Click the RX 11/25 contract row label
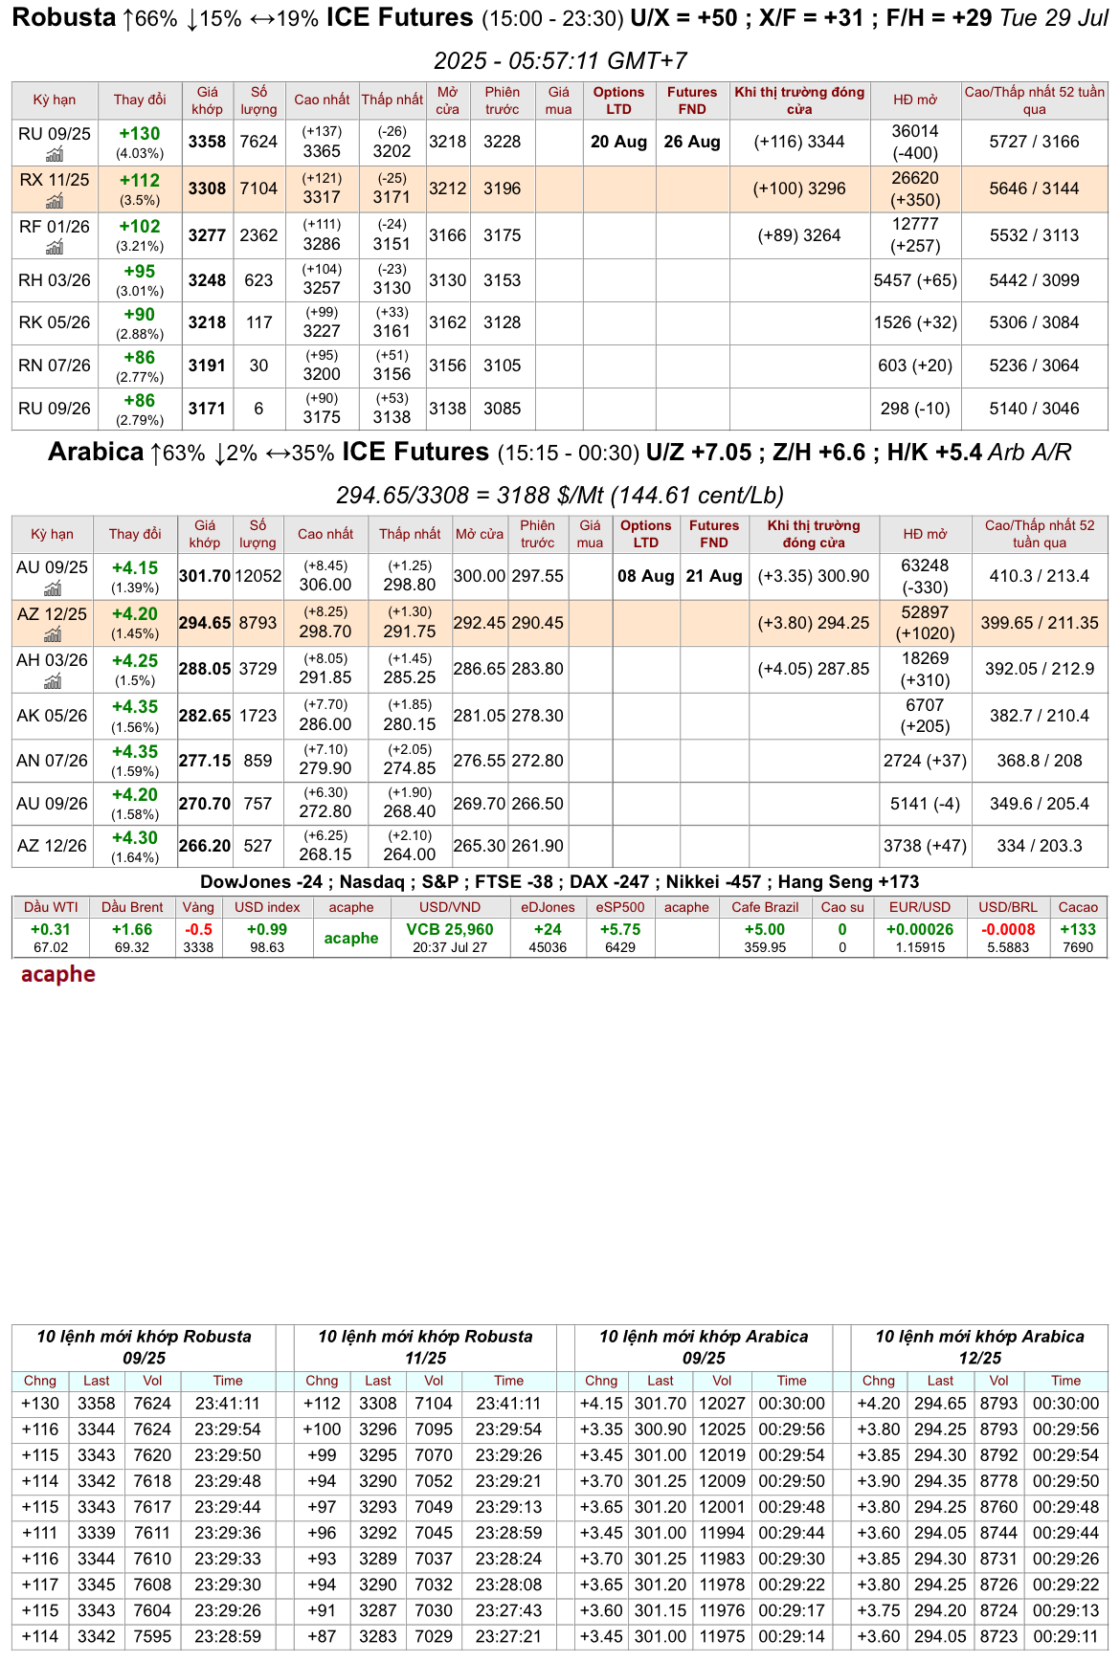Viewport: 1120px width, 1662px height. [x=54, y=180]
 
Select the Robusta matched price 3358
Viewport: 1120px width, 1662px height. [x=207, y=142]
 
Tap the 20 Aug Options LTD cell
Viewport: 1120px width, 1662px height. [x=618, y=142]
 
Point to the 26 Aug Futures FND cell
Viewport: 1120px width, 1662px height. [x=692, y=142]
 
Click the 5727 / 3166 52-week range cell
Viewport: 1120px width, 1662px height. [x=1034, y=142]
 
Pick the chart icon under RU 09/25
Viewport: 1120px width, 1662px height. [x=55, y=155]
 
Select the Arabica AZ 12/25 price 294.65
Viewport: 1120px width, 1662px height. [x=205, y=623]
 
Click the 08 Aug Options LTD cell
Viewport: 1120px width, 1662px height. [x=645, y=576]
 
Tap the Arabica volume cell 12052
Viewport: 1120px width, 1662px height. [x=258, y=576]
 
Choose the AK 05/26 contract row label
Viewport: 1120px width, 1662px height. [x=52, y=716]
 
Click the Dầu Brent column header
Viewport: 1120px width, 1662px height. [x=132, y=907]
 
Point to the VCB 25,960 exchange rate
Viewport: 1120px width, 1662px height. [x=450, y=929]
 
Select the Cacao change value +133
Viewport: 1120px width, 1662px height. [x=1078, y=929]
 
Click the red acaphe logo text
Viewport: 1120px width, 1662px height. [x=58, y=974]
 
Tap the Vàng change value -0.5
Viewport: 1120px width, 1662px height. [x=198, y=929]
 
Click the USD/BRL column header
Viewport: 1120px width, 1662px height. [x=1008, y=907]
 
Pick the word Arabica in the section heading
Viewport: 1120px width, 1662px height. [x=96, y=452]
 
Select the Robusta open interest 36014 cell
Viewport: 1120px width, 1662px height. [x=915, y=132]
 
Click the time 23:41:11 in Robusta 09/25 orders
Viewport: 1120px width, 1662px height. [x=228, y=1404]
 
